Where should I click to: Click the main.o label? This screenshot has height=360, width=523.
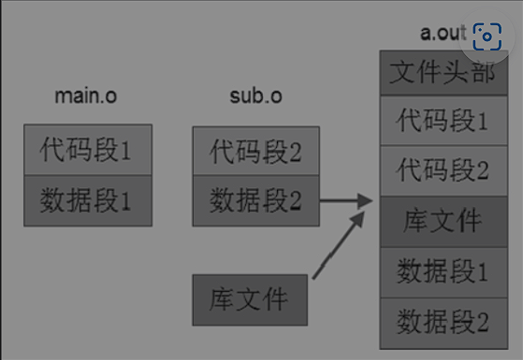coord(87,95)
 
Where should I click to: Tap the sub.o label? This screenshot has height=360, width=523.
coord(255,95)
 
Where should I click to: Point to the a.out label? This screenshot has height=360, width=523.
coord(442,33)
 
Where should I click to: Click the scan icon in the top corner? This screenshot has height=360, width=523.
coord(487,37)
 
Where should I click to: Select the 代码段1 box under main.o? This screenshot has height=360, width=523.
coord(88,150)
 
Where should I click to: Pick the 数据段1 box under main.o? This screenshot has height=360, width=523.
coord(88,199)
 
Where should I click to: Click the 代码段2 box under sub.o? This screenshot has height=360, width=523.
coord(255,150)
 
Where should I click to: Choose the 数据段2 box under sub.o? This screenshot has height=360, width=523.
coord(255,199)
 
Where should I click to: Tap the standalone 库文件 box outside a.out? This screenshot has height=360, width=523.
coord(249,300)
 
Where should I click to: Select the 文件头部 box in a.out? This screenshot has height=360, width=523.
coord(443,72)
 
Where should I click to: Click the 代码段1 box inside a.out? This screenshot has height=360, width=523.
coord(443,122)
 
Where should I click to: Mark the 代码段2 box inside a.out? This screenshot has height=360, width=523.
coord(443,171)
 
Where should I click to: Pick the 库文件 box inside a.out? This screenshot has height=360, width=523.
coord(443,222)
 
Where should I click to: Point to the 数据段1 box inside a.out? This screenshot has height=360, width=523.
coord(443,272)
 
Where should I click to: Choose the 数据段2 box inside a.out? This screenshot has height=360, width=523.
coord(443,322)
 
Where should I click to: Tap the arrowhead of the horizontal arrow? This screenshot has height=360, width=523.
coord(367,199)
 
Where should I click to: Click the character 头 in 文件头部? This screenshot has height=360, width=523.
coord(455,72)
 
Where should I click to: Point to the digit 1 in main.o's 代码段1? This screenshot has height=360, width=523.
coord(126,150)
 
